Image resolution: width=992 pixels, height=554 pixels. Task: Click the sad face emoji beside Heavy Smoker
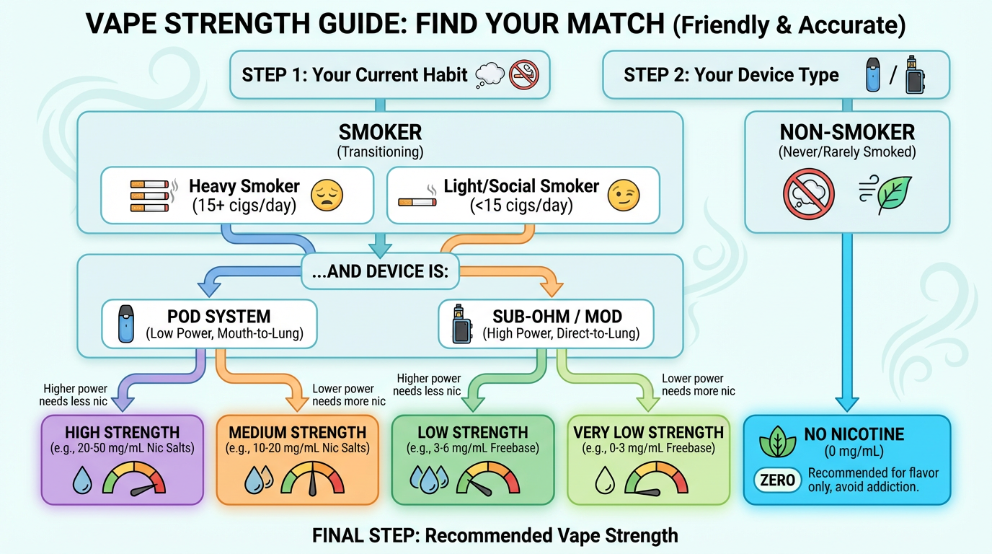[327, 195]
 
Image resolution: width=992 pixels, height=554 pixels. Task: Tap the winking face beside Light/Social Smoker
[624, 195]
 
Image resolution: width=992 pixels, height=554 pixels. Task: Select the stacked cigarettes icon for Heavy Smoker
[149, 195]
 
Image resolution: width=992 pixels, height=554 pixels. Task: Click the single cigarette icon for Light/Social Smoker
[417, 202]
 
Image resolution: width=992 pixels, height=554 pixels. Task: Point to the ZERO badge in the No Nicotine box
[778, 480]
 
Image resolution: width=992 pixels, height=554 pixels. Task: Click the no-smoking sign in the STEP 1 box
[524, 74]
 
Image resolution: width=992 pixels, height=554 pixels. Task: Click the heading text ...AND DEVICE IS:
[381, 271]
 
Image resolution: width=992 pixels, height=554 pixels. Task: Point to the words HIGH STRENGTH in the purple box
[122, 433]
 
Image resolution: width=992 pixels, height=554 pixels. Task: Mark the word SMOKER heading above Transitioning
[380, 133]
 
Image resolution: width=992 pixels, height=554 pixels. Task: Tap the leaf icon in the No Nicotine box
[778, 443]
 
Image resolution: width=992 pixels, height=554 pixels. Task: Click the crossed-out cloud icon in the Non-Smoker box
[808, 194]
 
